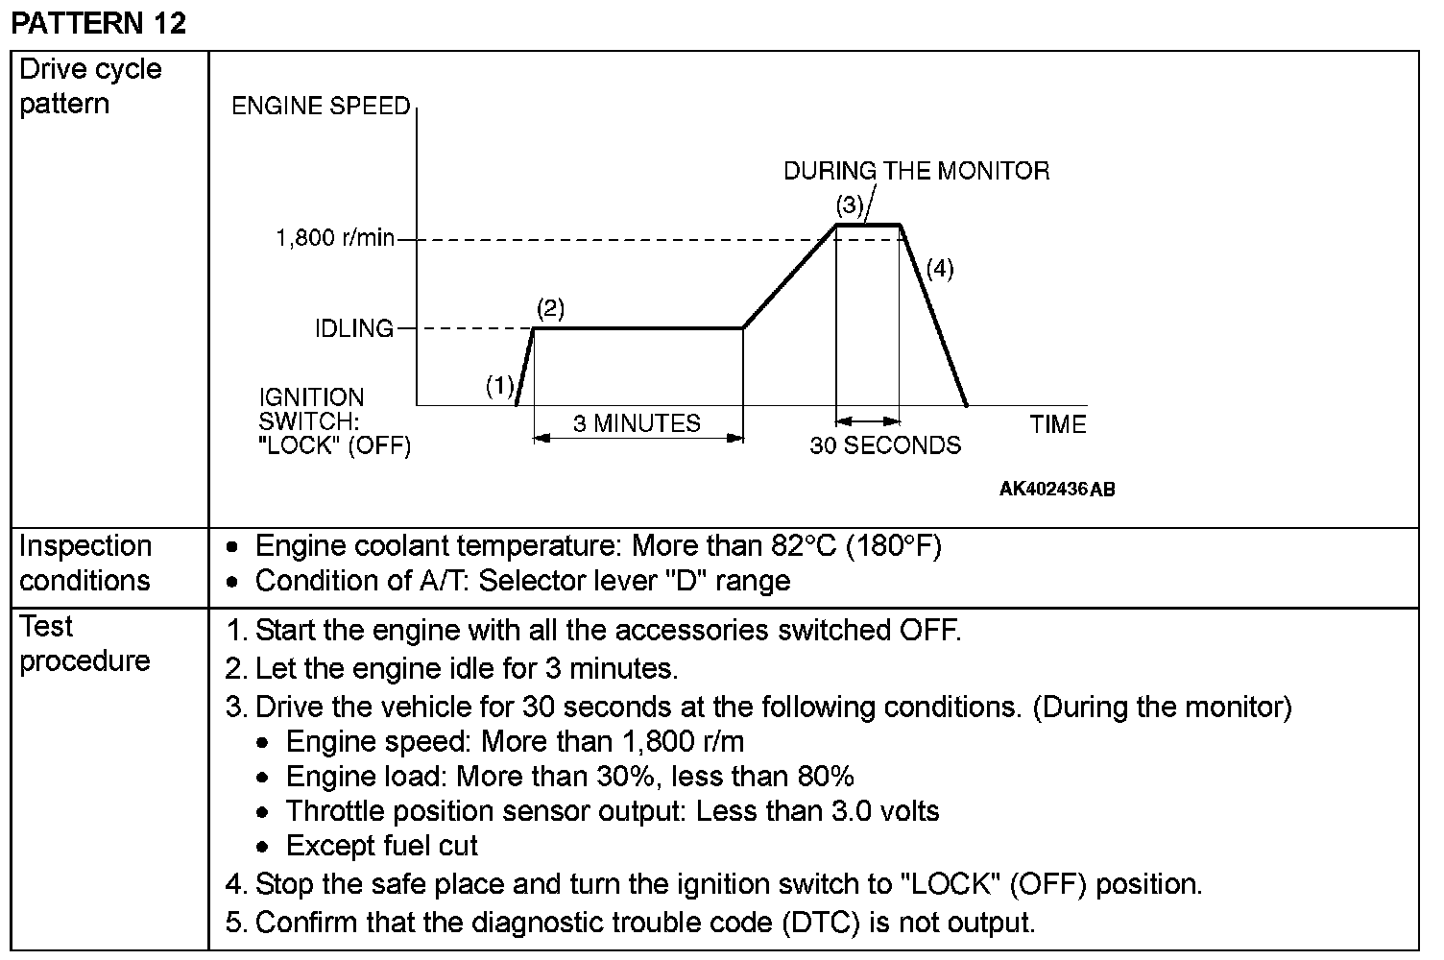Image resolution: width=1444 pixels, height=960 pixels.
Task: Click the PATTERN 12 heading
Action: [x=98, y=23]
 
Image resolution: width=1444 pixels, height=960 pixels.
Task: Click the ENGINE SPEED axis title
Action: [x=321, y=106]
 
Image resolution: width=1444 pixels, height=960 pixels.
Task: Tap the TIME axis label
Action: [x=1057, y=424]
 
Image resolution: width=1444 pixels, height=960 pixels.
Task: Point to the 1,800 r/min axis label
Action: [x=335, y=238]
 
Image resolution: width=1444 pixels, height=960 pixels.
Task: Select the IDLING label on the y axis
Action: [x=354, y=328]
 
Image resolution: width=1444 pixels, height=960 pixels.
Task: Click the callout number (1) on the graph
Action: [x=499, y=386]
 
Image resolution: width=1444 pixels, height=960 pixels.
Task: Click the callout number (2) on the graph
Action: [x=550, y=308]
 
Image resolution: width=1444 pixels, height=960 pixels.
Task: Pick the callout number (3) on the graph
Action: [x=850, y=204]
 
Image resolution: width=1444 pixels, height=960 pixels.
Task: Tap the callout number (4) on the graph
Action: [x=939, y=269]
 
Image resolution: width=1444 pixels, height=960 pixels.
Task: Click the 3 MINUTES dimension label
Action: [x=637, y=423]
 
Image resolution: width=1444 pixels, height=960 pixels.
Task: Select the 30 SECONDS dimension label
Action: [x=884, y=445]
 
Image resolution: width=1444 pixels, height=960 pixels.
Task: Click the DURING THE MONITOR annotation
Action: [x=916, y=171]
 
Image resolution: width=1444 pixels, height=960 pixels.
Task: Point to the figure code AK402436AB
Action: [x=1057, y=490]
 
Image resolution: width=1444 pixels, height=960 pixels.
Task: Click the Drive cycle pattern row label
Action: [x=90, y=86]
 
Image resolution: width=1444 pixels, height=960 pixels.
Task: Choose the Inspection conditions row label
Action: [x=85, y=563]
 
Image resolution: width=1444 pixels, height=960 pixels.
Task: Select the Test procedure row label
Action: [x=84, y=643]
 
